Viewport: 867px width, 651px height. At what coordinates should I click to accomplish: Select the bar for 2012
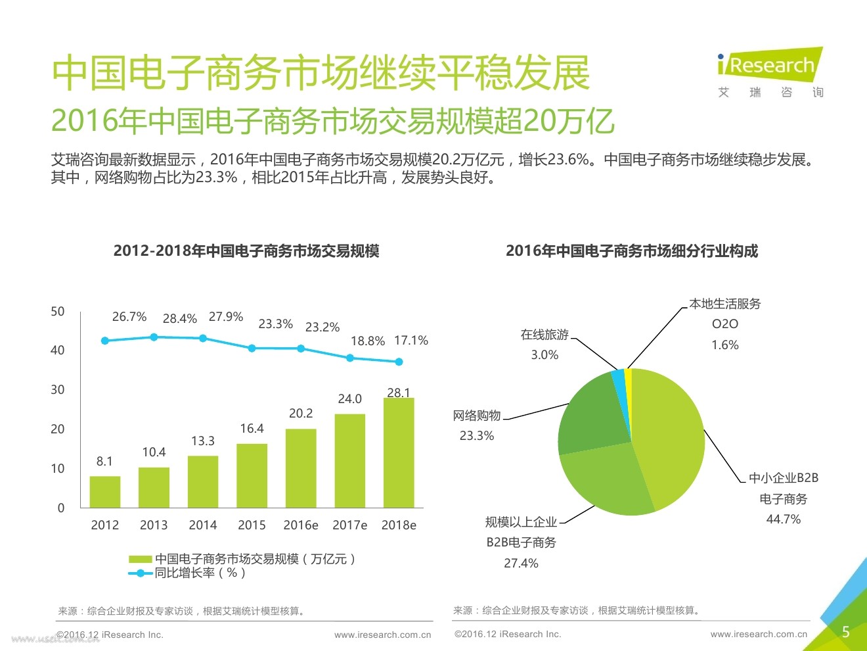(x=105, y=492)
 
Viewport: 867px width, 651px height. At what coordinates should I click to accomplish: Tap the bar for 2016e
(x=301, y=468)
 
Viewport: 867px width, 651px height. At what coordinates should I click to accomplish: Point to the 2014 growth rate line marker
(x=203, y=338)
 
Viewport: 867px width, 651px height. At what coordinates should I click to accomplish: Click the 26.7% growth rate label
(x=129, y=317)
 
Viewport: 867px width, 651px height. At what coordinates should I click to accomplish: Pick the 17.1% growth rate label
(x=411, y=341)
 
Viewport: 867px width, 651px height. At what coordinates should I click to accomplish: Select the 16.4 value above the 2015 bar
(x=252, y=429)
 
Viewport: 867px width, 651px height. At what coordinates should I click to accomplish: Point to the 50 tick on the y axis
(x=58, y=312)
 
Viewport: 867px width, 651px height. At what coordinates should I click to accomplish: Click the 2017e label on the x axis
(x=349, y=525)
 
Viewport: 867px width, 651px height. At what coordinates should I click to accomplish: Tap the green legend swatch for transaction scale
(x=141, y=559)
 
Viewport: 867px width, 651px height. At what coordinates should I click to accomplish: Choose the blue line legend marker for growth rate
(x=141, y=573)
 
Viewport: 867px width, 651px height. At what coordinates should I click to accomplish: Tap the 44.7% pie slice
(x=667, y=434)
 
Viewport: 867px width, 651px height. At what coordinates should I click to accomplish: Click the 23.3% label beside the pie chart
(x=477, y=435)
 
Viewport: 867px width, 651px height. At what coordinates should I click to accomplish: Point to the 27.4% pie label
(x=521, y=564)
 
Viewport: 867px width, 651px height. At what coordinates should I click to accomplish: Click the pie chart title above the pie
(x=632, y=251)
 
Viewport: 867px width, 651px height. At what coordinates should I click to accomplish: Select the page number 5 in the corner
(x=846, y=632)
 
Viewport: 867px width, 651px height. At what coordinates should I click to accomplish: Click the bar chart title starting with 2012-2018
(x=246, y=251)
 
